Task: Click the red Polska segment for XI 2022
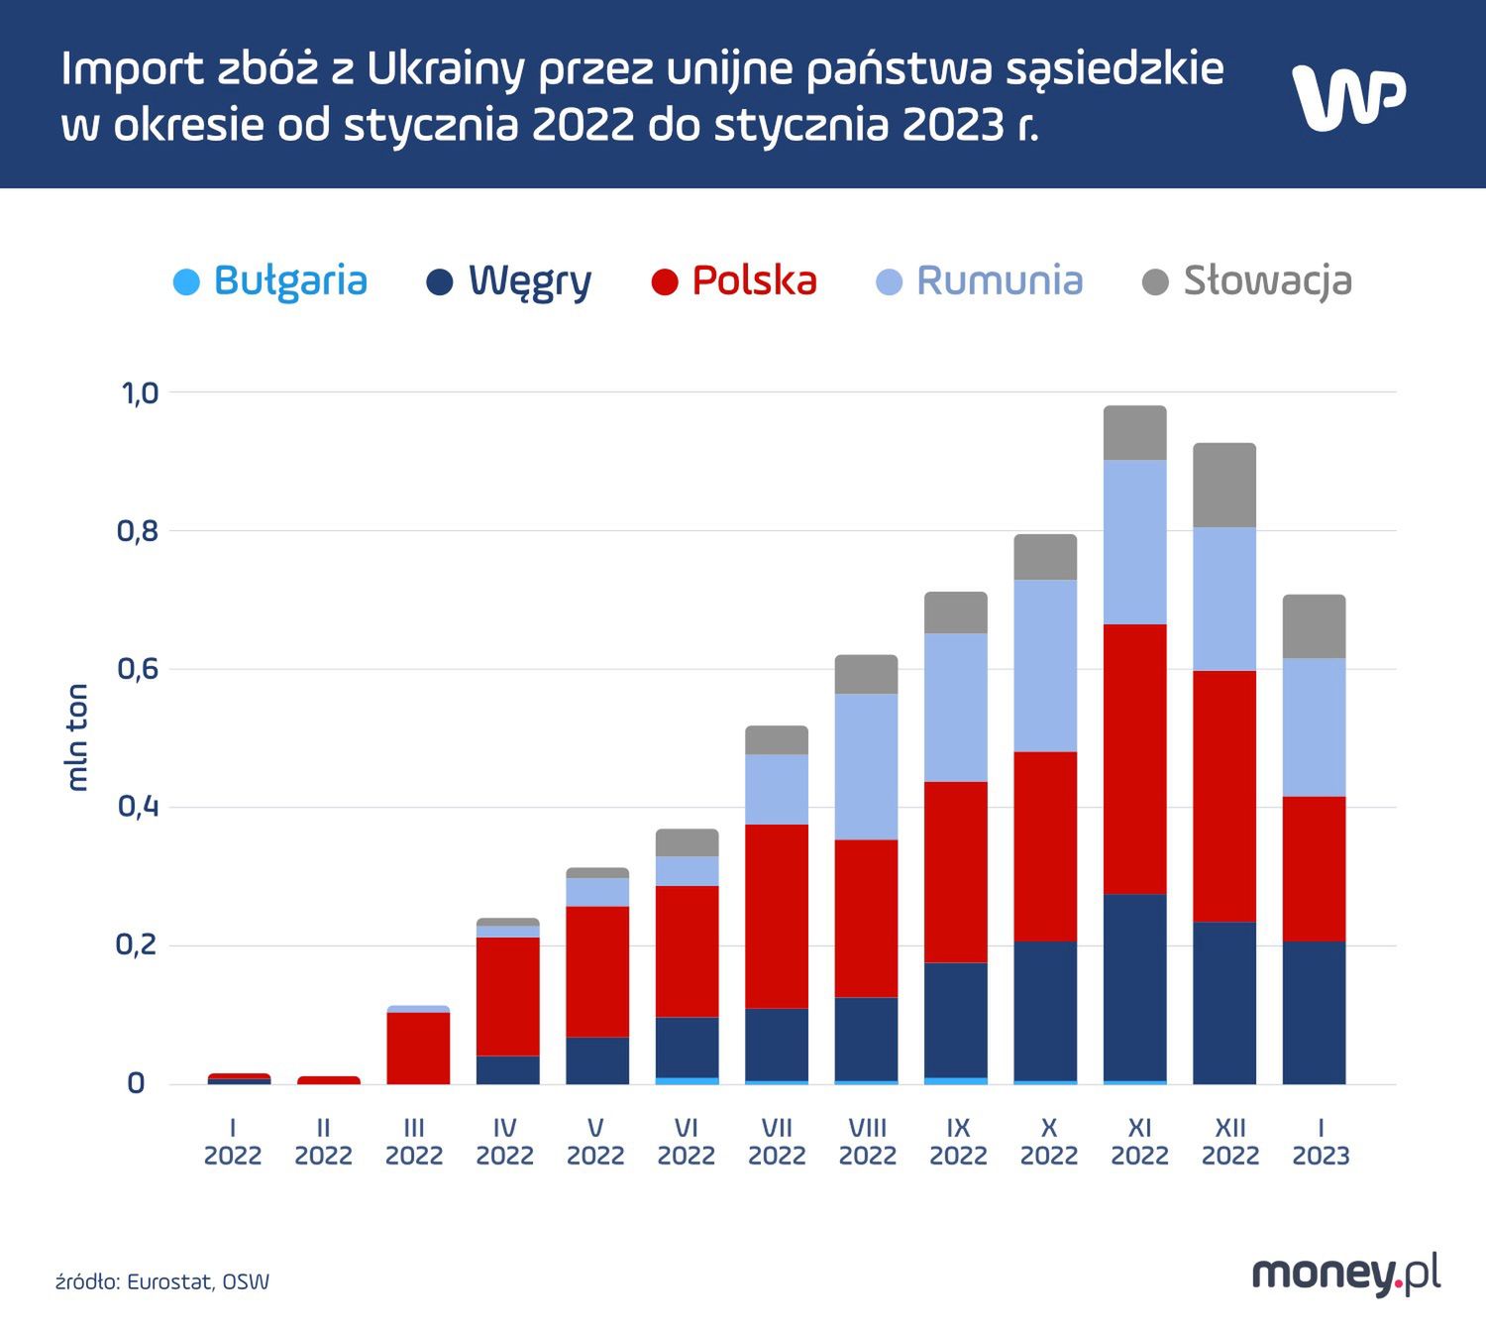pos(1135,759)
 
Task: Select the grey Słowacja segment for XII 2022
pos(1224,485)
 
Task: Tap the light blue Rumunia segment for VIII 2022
pos(866,766)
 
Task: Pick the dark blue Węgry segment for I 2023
pos(1314,1012)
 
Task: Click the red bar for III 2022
pos(418,1048)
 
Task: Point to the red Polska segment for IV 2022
pos(508,996)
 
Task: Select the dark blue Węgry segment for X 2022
pos(1045,1010)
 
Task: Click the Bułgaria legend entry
pos(270,281)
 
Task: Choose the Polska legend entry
pos(734,281)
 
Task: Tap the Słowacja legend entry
pos(1247,281)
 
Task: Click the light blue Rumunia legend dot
pos(890,282)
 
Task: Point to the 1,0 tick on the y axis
pos(140,393)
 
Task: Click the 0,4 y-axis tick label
pos(139,807)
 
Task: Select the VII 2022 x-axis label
pos(777,1142)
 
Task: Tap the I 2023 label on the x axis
pos(1321,1142)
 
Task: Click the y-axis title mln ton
pos(77,737)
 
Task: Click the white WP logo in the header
pos(1348,97)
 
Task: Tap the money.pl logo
pos(1345,1274)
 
